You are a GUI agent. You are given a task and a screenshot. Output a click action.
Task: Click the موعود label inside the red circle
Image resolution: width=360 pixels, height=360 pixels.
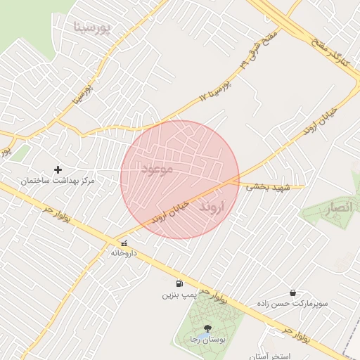[156, 169]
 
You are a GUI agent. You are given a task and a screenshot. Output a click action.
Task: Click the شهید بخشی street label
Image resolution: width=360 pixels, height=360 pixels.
[265, 187]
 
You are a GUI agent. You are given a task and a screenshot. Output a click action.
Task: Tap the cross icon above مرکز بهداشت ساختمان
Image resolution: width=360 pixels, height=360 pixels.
[58, 169]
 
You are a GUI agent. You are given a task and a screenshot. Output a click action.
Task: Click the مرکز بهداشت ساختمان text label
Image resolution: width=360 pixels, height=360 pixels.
[58, 181]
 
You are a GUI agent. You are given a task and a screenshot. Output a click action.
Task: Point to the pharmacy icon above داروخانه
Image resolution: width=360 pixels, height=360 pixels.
[124, 243]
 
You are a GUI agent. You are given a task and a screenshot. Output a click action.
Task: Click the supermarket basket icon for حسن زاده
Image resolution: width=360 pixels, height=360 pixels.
[292, 292]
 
